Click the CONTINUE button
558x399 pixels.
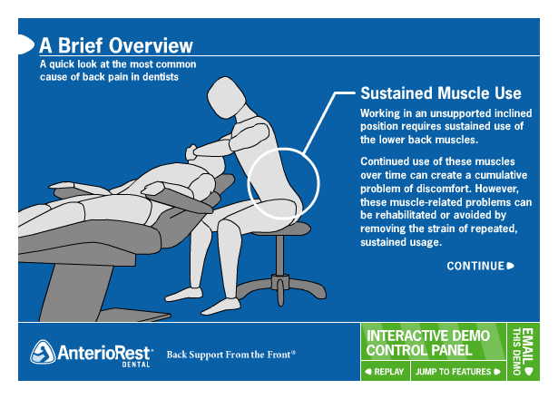point(480,266)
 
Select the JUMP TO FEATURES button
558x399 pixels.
point(456,372)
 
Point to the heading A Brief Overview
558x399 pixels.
point(115,44)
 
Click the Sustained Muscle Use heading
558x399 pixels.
point(440,93)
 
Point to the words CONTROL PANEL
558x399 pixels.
point(418,350)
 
